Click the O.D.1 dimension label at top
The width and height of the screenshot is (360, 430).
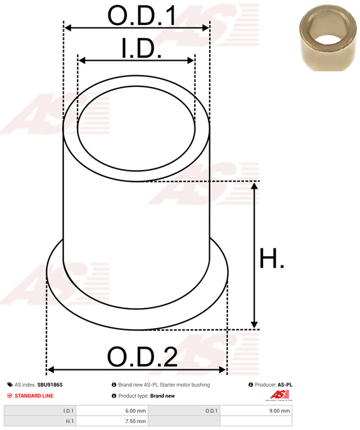[141, 16]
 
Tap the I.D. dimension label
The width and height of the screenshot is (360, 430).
[141, 49]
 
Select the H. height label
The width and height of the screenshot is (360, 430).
[272, 258]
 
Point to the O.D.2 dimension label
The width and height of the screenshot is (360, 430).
[142, 357]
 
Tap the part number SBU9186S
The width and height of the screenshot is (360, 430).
[50, 385]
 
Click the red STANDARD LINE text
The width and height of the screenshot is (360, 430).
[34, 396]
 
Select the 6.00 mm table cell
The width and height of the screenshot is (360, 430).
[112, 411]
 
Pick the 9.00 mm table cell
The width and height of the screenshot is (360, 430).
[256, 411]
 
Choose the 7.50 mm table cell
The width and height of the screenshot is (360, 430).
[112, 421]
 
